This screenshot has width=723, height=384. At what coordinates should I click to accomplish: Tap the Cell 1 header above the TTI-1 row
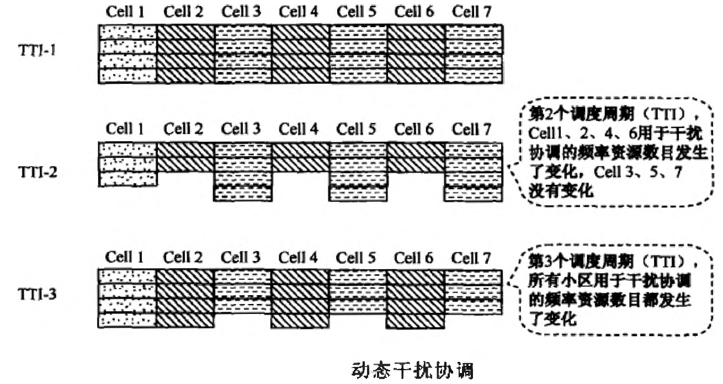pyautogui.click(x=127, y=11)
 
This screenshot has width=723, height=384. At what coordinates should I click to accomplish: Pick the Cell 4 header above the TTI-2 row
pyautogui.click(x=300, y=130)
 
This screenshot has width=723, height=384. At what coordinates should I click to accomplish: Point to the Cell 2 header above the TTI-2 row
pyautogui.click(x=184, y=130)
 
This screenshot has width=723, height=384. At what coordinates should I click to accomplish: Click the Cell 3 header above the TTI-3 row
pyautogui.click(x=242, y=258)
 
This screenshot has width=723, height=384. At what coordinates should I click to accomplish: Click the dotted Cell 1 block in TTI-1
pyautogui.click(x=127, y=54)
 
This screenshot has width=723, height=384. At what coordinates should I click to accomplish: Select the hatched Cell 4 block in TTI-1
pyautogui.click(x=300, y=54)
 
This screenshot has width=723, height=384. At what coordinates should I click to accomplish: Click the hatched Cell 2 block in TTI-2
pyautogui.click(x=184, y=157)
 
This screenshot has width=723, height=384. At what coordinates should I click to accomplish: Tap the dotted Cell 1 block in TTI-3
pyautogui.click(x=127, y=298)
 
